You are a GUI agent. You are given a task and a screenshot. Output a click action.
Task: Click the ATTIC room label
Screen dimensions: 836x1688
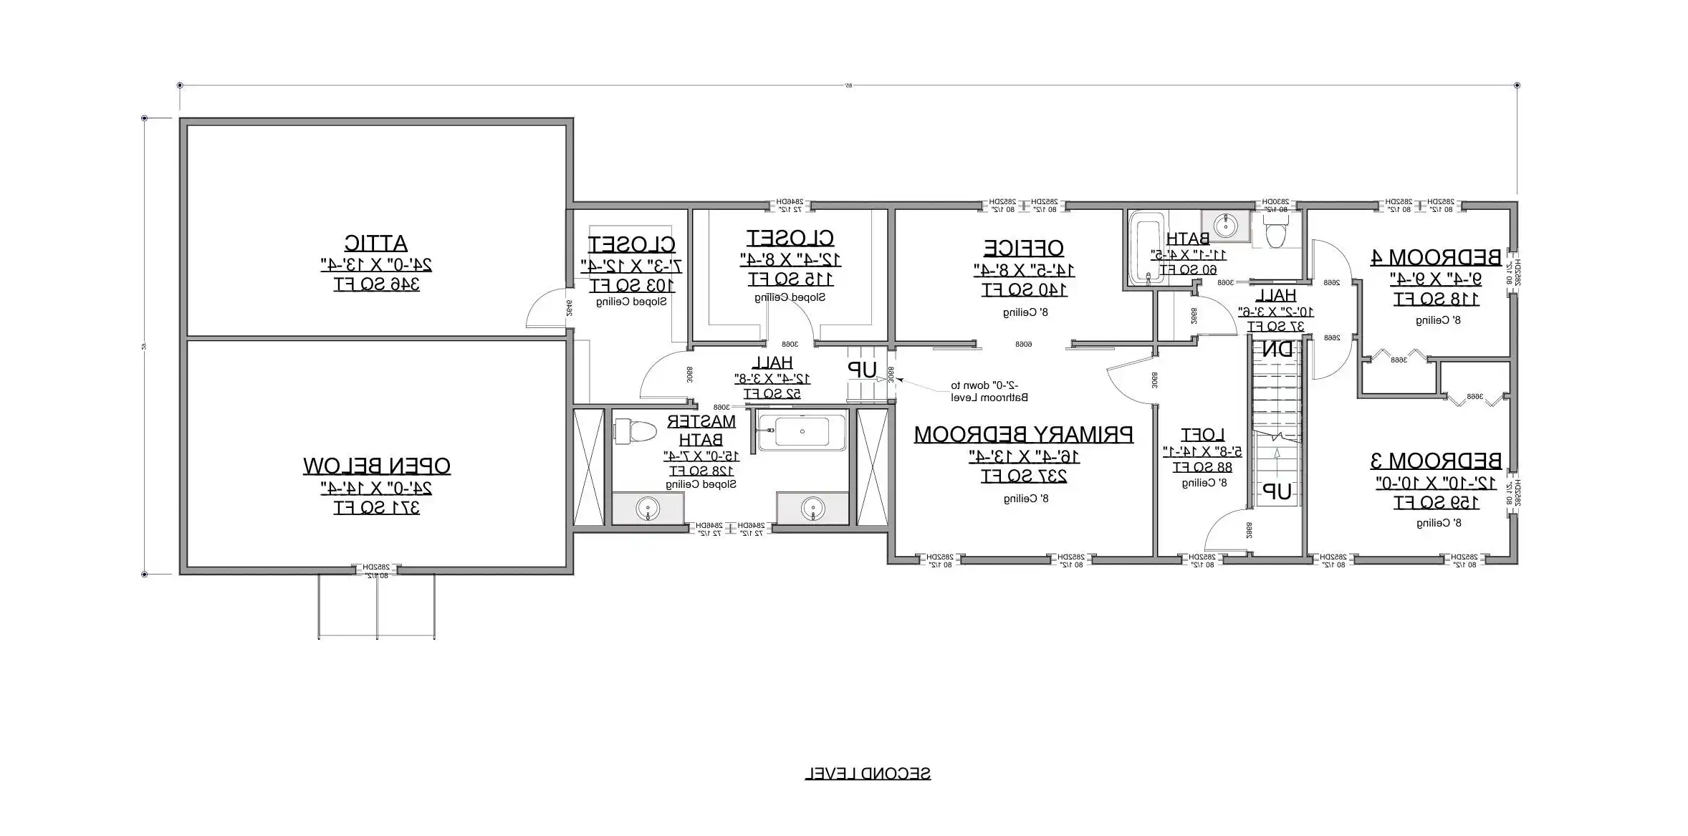pyautogui.click(x=376, y=244)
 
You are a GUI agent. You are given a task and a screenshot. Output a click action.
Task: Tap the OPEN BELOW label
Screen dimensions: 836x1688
pyautogui.click(x=376, y=466)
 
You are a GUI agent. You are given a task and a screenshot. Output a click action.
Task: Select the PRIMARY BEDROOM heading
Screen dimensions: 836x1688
pyautogui.click(x=1023, y=435)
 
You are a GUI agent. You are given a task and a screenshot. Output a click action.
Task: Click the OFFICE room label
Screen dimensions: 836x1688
pyautogui.click(x=1023, y=249)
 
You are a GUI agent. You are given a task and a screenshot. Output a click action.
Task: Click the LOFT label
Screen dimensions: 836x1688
pyautogui.click(x=1203, y=435)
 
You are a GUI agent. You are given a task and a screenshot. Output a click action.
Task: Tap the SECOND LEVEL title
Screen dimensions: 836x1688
pyautogui.click(x=868, y=774)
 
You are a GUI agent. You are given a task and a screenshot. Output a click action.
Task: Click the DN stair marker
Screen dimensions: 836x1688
pyautogui.click(x=1277, y=350)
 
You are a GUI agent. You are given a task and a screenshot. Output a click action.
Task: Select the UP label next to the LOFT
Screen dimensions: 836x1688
pyautogui.click(x=1277, y=491)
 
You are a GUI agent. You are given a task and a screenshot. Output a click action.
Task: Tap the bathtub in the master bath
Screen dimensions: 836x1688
pyautogui.click(x=802, y=432)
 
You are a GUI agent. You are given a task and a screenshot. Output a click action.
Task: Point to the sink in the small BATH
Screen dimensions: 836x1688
pyautogui.click(x=1225, y=224)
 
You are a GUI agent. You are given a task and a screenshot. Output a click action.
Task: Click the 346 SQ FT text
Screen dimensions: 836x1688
pyautogui.click(x=376, y=285)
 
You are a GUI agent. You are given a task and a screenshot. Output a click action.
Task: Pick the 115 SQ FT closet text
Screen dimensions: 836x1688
pyautogui.click(x=790, y=279)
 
